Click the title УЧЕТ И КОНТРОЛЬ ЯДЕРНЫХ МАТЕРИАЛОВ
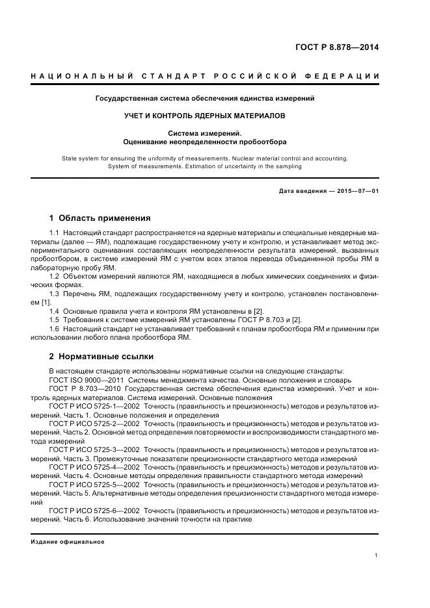click(205, 116)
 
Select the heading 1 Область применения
click(100, 218)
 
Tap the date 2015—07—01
click(356, 190)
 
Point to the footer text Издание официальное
click(68, 541)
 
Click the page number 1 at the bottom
click(377, 555)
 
